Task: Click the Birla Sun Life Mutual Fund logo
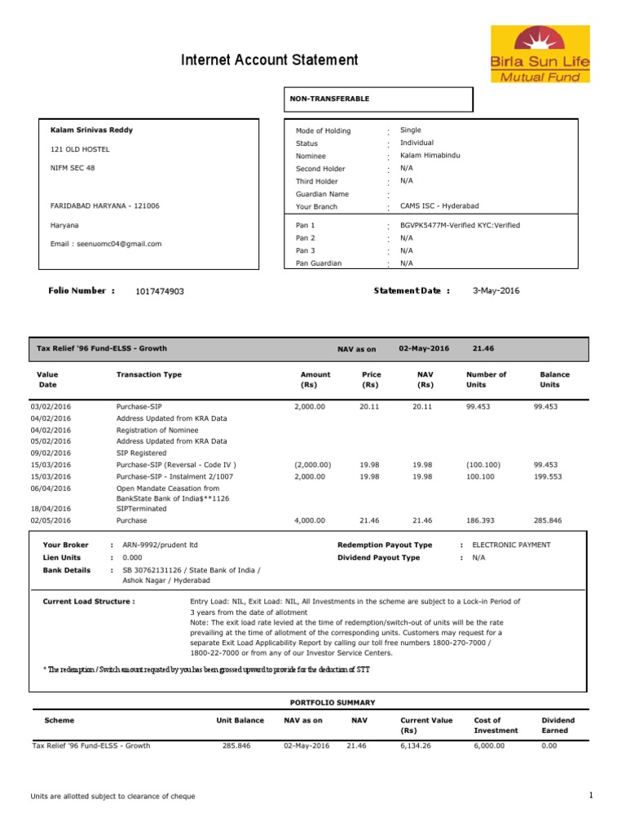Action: [x=539, y=54]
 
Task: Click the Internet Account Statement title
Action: [x=269, y=60]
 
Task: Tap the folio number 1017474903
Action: [x=161, y=291]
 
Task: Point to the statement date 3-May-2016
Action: [x=496, y=290]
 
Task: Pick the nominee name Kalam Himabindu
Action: [x=430, y=155]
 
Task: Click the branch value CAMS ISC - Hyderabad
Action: [x=439, y=206]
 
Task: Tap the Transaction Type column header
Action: [x=149, y=375]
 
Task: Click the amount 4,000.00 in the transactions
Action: [x=309, y=520]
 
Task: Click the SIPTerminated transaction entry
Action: [x=142, y=509]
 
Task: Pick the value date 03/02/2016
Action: [x=51, y=406]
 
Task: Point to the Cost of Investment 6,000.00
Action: [x=489, y=745]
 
